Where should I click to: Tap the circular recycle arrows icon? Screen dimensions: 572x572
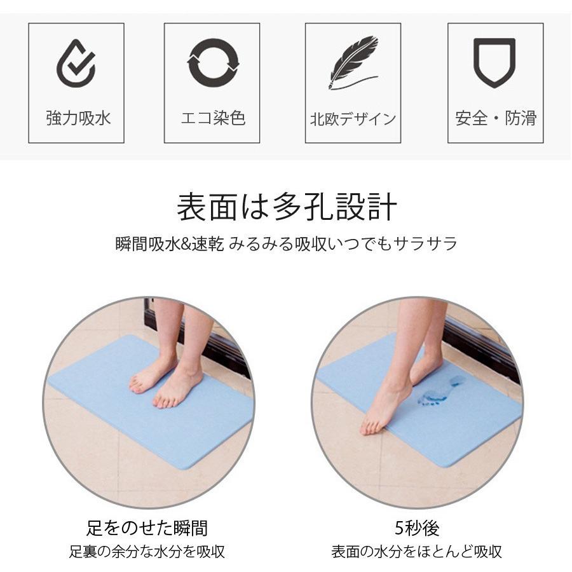point(213,62)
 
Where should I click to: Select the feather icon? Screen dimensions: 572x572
point(353,62)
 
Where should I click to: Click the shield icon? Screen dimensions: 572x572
point(494,62)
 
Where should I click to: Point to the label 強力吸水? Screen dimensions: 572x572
point(76,118)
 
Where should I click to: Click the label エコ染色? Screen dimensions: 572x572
point(213,118)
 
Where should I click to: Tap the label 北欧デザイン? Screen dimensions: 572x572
point(353,119)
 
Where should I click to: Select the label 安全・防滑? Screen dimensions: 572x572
point(496,118)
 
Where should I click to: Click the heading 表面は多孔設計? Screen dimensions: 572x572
point(287,208)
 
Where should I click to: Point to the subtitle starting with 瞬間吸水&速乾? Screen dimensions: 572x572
point(287,244)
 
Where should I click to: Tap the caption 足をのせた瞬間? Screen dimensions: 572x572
point(147,528)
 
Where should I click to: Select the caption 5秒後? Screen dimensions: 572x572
point(417,528)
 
